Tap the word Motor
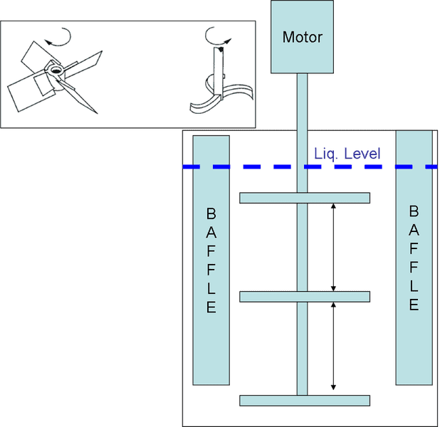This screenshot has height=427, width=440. coord(302,37)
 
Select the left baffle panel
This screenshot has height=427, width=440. coord(210,260)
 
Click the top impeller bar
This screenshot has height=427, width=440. coord(304,197)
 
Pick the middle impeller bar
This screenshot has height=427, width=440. coord(304,296)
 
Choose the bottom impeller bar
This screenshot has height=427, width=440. coord(304,400)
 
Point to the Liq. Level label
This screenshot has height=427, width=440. coord(347,154)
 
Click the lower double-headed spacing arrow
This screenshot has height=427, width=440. coord(332,346)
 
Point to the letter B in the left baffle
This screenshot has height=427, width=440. coord(210,213)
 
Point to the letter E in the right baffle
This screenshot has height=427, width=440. coord(414,305)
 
